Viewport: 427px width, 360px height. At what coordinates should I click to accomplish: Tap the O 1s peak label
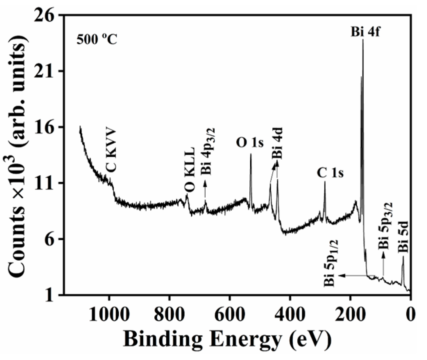[x=250, y=144]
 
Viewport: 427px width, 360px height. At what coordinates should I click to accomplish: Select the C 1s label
[x=330, y=173]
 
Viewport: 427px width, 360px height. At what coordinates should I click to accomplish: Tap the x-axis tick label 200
[x=350, y=314]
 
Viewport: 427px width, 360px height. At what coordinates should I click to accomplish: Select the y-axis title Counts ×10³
[x=16, y=154]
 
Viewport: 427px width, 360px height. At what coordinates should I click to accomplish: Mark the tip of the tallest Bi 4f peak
[x=363, y=40]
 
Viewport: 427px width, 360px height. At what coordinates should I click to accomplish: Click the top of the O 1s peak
[x=251, y=154]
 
